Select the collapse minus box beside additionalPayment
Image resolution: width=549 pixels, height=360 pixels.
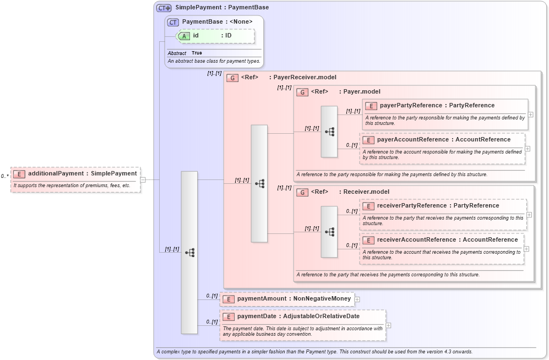(x=143, y=179)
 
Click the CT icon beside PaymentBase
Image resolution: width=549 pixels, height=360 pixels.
(x=173, y=22)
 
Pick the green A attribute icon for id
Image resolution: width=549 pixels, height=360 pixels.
(x=184, y=36)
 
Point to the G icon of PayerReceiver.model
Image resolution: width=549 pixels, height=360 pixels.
(x=232, y=78)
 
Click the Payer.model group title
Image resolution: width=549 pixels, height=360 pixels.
(x=362, y=92)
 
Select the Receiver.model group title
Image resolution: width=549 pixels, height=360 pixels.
(x=366, y=192)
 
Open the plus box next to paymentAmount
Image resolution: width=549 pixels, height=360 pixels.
(x=357, y=299)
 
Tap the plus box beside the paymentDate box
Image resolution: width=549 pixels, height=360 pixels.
(x=389, y=325)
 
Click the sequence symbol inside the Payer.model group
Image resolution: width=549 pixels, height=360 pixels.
(x=329, y=132)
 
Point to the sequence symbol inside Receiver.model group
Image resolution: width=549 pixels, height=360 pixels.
(x=329, y=232)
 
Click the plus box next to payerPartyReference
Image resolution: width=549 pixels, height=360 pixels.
(x=531, y=114)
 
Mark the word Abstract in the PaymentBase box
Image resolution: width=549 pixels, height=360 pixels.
(x=177, y=53)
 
